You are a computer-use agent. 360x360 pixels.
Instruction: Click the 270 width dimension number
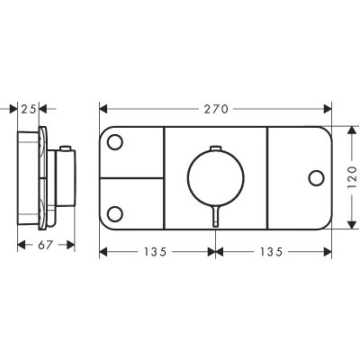coord(215,108)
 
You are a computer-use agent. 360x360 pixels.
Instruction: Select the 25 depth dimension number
coord(30,108)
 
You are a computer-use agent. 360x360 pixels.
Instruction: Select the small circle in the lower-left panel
coord(115,212)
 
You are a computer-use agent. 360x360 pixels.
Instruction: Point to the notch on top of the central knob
coord(215,146)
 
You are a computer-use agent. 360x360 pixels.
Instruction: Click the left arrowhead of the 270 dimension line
coord(103,108)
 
